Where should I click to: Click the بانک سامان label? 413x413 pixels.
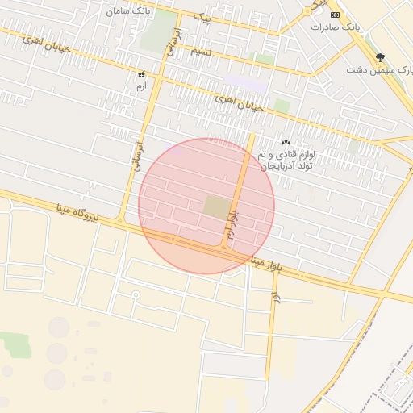point(127,10)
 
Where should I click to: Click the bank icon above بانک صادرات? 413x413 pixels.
point(336,15)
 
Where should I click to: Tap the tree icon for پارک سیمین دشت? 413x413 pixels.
point(380,57)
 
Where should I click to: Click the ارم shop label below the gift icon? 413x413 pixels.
point(142,86)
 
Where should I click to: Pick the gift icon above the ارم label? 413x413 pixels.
point(142,74)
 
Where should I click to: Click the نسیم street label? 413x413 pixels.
point(202,51)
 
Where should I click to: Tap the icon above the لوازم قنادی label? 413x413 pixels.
point(286,142)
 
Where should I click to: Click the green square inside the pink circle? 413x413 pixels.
point(216,207)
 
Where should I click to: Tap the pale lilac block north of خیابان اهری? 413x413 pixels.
point(246,82)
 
